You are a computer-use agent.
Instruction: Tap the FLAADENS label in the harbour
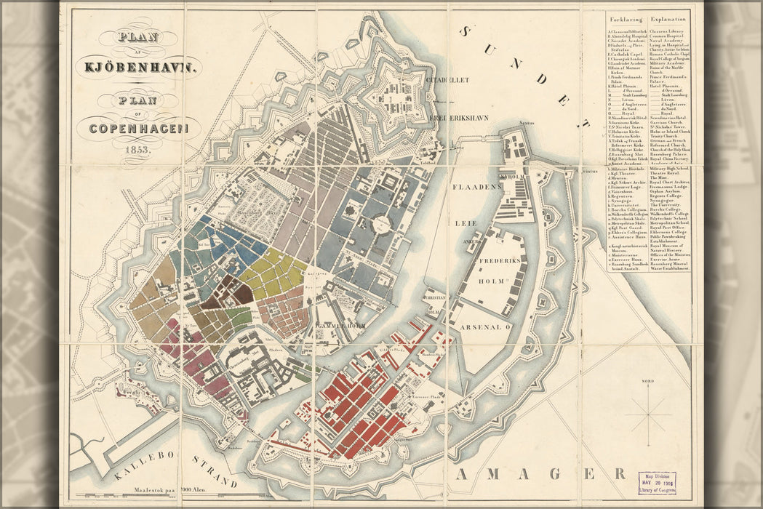(x=477, y=187)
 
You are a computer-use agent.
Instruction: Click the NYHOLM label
(x=511, y=176)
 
